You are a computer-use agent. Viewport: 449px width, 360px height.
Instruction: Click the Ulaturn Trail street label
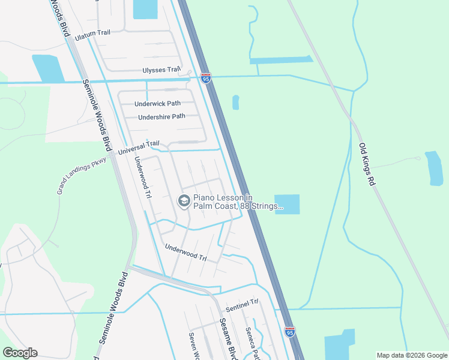[93, 37]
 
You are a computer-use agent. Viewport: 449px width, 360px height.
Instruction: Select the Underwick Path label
[157, 104]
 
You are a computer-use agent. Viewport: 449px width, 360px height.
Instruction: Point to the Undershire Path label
[161, 117]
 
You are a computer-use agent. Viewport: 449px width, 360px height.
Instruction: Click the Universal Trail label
[139, 147]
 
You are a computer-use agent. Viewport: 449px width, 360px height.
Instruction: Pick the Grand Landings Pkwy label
[82, 172]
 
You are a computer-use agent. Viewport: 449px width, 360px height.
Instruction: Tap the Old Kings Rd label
[367, 163]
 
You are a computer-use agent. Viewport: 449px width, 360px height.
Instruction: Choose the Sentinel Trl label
[241, 307]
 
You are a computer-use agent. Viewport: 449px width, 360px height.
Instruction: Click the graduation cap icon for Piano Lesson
[184, 202]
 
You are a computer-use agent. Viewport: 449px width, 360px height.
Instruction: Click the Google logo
[20, 353]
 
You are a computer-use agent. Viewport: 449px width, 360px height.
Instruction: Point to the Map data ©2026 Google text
[411, 355]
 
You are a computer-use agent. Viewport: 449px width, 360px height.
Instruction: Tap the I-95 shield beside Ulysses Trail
[206, 79]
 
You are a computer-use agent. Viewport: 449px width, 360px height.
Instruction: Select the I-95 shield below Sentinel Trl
[289, 331]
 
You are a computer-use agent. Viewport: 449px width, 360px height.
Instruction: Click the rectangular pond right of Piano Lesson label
[287, 204]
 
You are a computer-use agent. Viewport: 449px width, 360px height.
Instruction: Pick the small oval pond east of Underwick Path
[235, 103]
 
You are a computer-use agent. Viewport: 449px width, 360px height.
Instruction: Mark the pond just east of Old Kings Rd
[433, 168]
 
